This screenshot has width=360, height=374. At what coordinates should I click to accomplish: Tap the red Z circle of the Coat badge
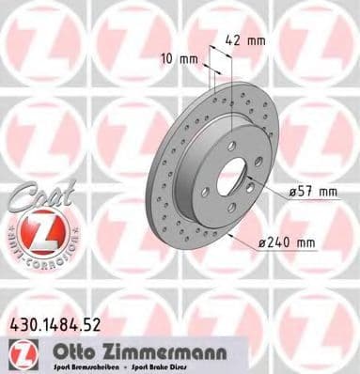coord(36,232)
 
